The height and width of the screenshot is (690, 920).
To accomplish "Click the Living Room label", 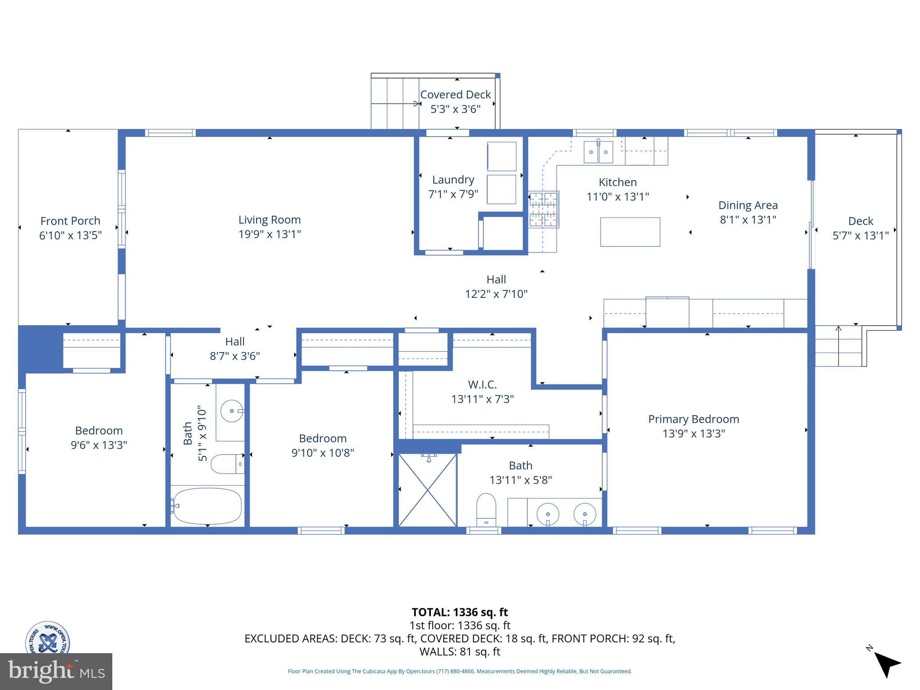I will click(x=269, y=220).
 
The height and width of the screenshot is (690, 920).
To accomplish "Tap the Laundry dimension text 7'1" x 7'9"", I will click(x=453, y=194).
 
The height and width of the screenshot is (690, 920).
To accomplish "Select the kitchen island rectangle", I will click(x=630, y=232).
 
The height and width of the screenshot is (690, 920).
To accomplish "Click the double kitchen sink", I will click(x=598, y=152).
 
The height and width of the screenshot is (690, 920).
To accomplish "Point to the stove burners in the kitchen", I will click(x=544, y=209).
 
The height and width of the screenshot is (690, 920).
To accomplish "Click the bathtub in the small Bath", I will click(x=208, y=506).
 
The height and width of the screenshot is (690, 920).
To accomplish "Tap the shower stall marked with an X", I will click(x=428, y=490).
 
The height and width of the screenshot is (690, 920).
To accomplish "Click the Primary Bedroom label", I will click(x=693, y=419).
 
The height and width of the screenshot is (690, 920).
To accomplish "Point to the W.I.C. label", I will click(x=482, y=385).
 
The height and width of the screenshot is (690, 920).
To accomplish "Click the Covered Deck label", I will click(x=455, y=95).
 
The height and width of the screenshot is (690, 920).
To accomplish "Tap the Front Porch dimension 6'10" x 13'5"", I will click(x=71, y=235).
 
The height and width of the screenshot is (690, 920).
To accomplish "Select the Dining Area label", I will click(x=747, y=205).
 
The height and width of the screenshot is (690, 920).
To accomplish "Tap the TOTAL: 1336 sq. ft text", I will click(x=460, y=612).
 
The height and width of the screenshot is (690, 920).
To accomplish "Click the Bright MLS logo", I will click(x=56, y=672).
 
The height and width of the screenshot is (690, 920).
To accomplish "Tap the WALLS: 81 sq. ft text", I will click(x=460, y=651).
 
